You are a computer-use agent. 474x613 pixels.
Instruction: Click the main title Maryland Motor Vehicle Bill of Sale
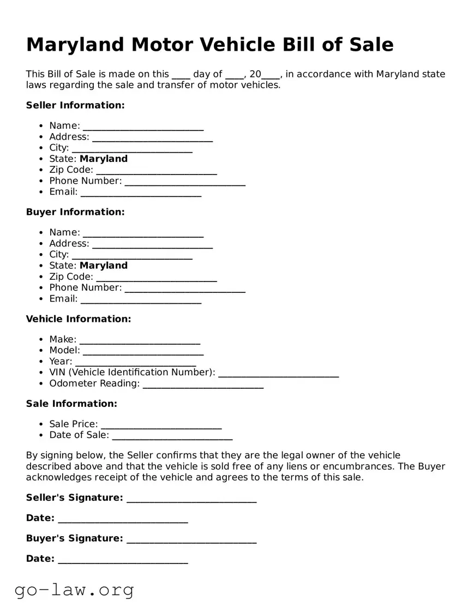tap(209, 45)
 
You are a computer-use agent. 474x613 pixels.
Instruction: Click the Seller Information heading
tap(75, 105)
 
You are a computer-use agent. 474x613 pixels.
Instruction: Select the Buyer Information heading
tap(75, 212)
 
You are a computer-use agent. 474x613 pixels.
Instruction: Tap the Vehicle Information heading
tap(79, 319)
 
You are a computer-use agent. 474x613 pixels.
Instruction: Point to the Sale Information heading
tap(71, 404)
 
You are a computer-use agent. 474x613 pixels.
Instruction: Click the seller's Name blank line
tap(143, 127)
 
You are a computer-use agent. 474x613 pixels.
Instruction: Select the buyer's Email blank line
tap(141, 299)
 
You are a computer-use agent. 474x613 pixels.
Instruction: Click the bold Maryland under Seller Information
tap(104, 159)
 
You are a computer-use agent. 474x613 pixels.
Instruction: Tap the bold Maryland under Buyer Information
tap(104, 266)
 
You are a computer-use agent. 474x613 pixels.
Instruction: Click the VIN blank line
tap(278, 374)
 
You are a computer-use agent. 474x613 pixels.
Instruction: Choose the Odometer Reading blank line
tap(203, 384)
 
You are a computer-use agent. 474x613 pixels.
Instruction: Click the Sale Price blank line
tap(161, 425)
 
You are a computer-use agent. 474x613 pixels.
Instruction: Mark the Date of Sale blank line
tap(172, 436)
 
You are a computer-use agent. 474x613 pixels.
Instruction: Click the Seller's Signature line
tap(191, 499)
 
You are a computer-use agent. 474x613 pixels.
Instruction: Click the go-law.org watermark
tap(74, 590)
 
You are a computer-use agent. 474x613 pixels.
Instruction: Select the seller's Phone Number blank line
tap(185, 182)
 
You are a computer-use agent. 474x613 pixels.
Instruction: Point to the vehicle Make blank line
tap(140, 340)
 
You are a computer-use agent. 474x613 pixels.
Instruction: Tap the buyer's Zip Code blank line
tap(157, 278)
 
